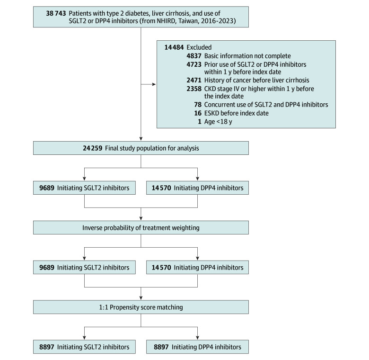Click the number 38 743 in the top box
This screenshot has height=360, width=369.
[56, 13]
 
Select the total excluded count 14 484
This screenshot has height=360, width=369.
[174, 47]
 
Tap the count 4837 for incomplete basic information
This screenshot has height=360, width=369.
[194, 56]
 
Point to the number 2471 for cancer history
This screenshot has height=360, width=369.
[194, 81]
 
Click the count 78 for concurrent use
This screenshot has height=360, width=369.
[198, 105]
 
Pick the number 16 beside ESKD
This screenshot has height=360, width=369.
[198, 113]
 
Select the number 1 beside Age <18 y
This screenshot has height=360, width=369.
[200, 122]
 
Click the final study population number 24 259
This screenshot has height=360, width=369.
[92, 148]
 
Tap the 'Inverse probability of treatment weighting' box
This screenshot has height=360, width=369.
[141, 227]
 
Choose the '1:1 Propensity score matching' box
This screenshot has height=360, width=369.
[141, 307]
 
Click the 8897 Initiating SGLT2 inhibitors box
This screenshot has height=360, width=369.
[84, 347]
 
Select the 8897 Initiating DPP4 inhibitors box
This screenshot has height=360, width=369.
[197, 347]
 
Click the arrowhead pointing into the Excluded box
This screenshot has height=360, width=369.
[154, 84]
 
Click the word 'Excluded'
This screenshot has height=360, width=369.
[199, 47]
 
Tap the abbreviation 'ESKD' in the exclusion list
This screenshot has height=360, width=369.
[212, 113]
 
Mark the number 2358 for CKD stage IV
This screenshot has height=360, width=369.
[194, 89]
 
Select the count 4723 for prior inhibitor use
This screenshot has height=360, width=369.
[194, 64]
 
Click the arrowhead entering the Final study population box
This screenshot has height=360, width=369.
[141, 139]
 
